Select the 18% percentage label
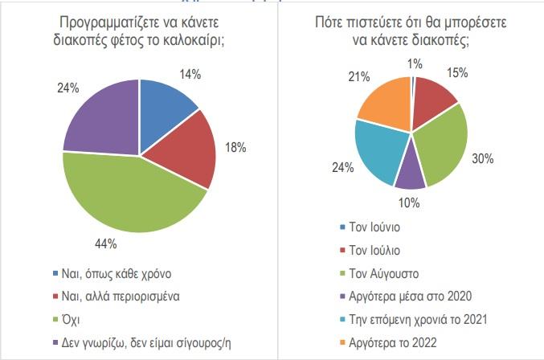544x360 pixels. click(235, 147)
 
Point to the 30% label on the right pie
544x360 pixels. click(485, 158)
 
